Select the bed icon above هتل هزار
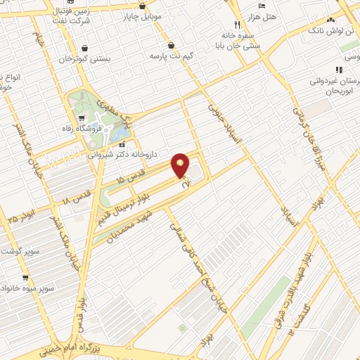[x=262, y=6]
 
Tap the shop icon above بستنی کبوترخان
[x=84, y=49]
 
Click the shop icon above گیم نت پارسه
[x=171, y=45]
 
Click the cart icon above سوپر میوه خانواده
[x=26, y=268]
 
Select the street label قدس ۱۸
[x=76, y=200]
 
